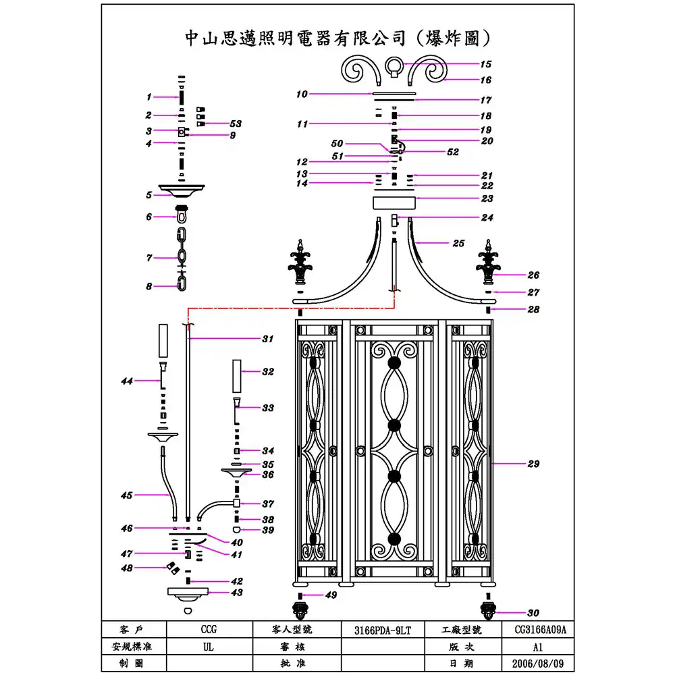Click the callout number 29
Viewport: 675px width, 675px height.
coord(533,464)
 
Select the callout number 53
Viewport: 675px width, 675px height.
coord(236,124)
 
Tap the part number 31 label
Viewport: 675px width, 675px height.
coord(267,339)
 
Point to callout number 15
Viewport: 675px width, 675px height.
coord(486,65)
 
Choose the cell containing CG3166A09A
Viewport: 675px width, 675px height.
coord(536,630)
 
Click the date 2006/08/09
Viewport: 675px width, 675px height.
coord(536,664)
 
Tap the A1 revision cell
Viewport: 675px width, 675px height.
coord(536,647)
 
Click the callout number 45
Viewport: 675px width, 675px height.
coord(126,495)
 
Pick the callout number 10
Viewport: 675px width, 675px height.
coord(302,94)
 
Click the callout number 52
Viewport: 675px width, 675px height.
coord(453,153)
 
